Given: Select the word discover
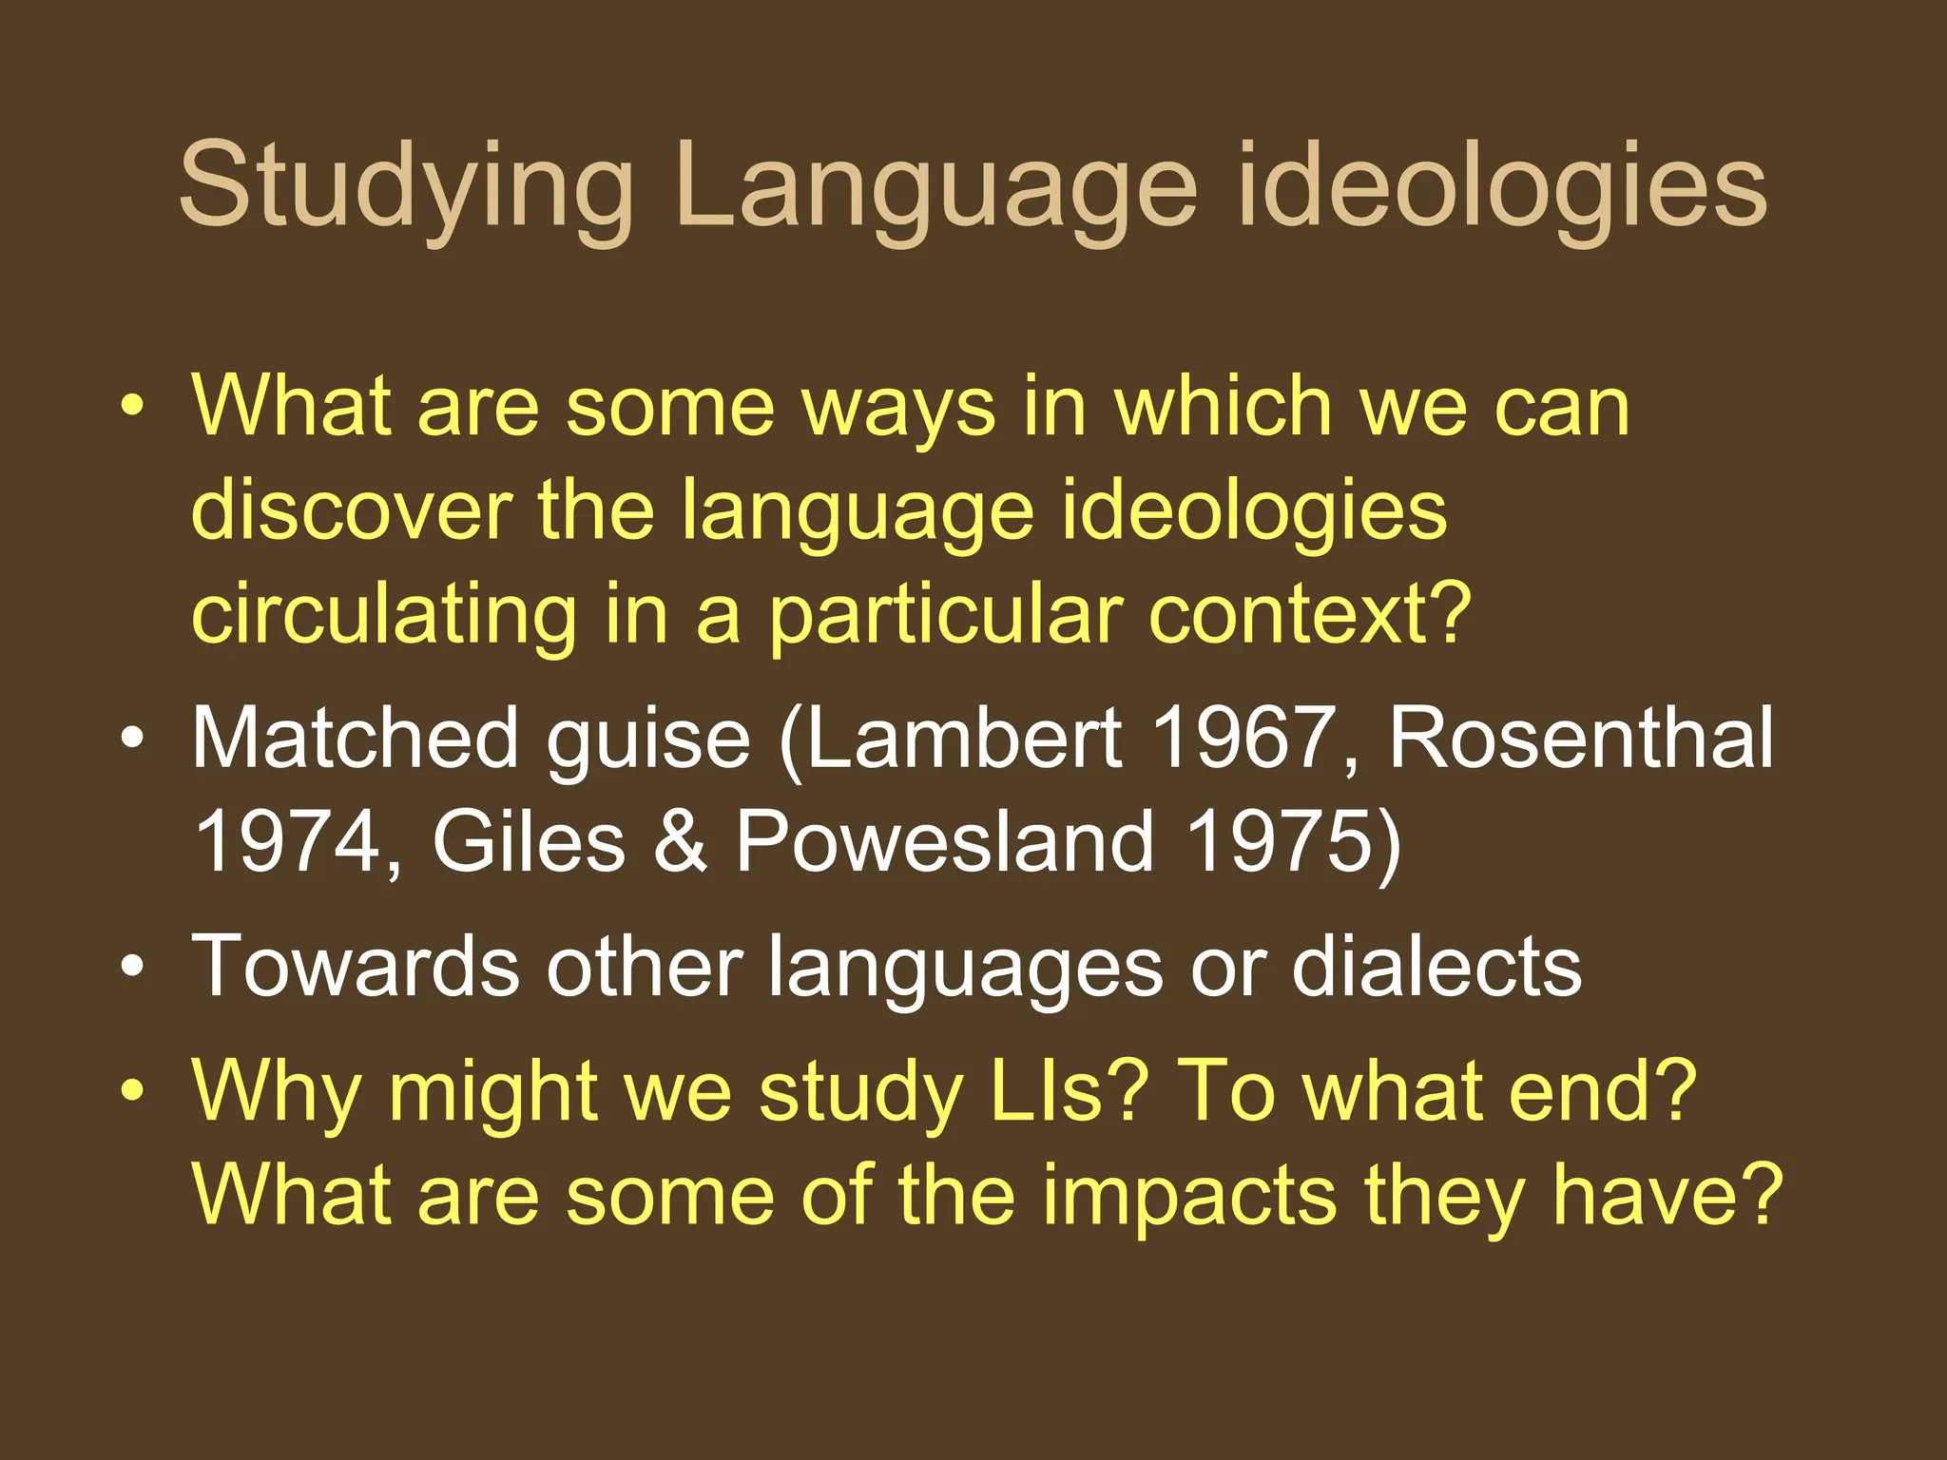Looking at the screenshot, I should (351, 510).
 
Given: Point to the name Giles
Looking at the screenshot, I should (529, 841).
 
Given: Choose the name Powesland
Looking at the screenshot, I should (945, 841).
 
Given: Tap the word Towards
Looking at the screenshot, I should (356, 966).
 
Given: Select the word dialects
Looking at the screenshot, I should (1436, 966).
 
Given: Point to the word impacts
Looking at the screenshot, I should (1188, 1195).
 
